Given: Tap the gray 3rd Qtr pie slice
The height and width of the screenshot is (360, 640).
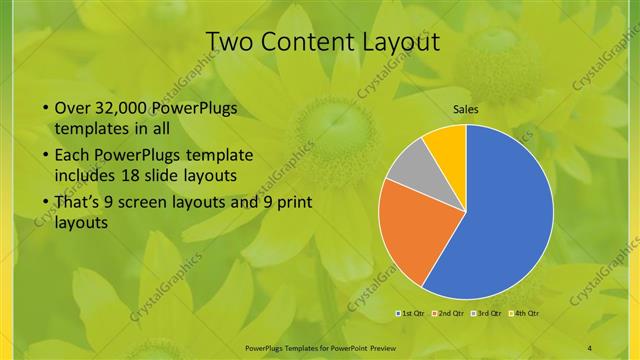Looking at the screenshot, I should tap(407, 169).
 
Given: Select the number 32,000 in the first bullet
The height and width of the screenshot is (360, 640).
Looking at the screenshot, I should tap(128, 109).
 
